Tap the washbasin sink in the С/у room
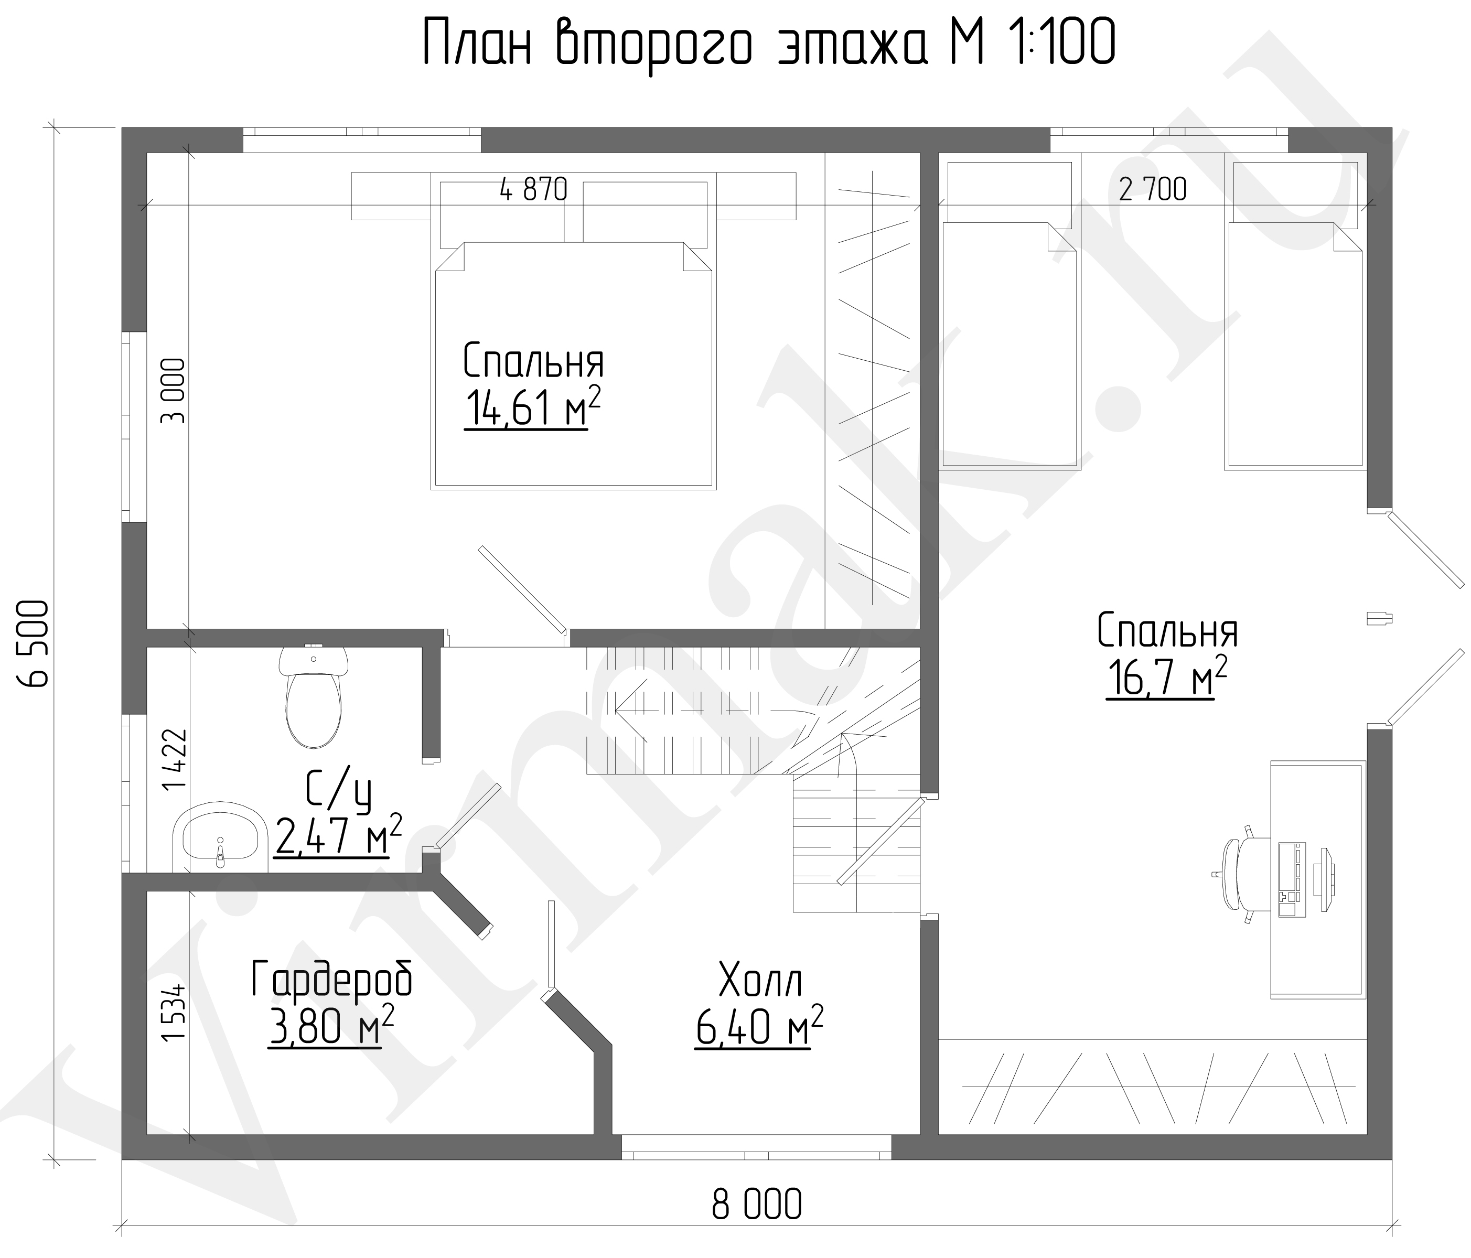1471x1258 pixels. (220, 838)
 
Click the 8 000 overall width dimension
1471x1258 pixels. (757, 1203)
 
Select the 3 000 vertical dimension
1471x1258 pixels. (173, 391)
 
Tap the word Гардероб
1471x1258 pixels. (331, 982)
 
